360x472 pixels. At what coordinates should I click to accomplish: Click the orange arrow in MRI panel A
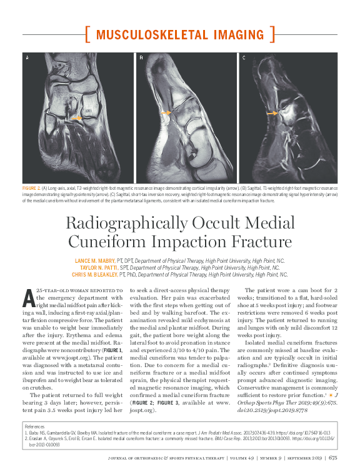(x=76, y=117)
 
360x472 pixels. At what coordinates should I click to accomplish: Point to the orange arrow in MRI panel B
(x=166, y=112)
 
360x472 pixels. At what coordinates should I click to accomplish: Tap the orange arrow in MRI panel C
(x=272, y=114)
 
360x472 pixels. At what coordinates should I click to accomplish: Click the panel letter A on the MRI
(x=27, y=58)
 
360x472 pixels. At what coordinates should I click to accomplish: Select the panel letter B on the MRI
(x=141, y=58)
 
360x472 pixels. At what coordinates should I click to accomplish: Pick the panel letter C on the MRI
(x=243, y=58)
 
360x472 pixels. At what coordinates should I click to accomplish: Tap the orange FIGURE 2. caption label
(x=31, y=187)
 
